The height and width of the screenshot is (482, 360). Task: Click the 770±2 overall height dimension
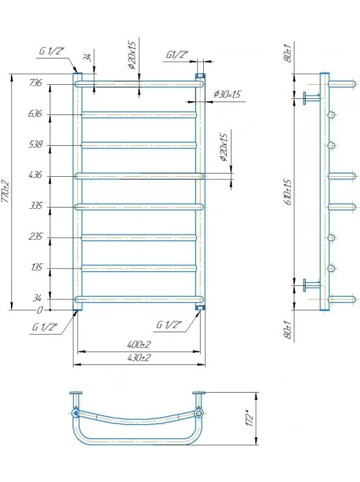tap(6, 192)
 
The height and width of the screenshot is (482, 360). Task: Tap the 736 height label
tap(35, 83)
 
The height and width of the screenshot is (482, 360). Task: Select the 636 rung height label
tap(35, 114)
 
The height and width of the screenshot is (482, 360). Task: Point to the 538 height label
tap(35, 144)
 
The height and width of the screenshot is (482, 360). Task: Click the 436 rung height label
tap(35, 175)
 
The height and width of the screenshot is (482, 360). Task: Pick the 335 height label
tap(35, 206)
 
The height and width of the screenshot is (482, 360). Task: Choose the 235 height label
tap(35, 237)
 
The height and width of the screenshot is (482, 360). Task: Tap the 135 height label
tap(36, 267)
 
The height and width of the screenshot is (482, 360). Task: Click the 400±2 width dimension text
tap(139, 344)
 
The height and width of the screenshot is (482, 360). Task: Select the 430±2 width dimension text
tap(139, 357)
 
